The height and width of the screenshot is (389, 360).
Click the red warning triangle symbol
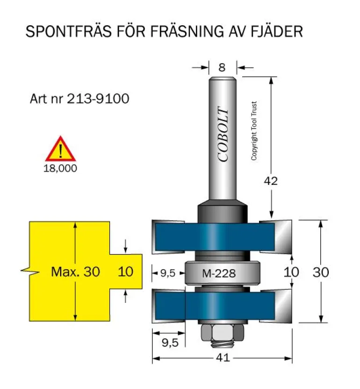tap(60, 149)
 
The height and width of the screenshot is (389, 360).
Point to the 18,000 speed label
tap(60, 169)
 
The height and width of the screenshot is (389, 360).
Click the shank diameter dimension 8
tap(222, 68)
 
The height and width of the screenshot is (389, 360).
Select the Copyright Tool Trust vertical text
tap(254, 131)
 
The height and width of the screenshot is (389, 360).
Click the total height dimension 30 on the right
tap(321, 272)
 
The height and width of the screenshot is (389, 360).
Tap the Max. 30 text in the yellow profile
tap(75, 272)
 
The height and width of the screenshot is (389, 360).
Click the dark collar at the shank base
tap(222, 211)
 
